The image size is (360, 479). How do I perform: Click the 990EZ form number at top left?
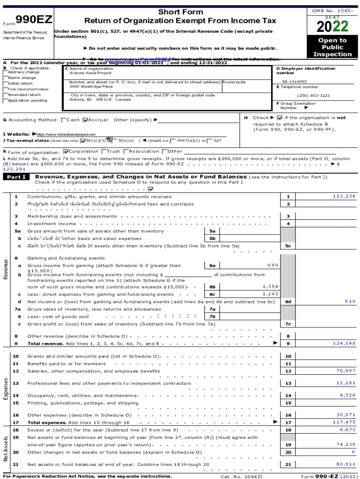coord(34,20)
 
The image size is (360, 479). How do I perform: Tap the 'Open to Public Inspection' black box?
coord(332,47)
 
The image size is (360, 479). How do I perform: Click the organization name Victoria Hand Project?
coord(90,73)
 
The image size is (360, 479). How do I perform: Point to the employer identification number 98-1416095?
coord(295,81)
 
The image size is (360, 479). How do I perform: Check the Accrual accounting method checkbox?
coord(86,120)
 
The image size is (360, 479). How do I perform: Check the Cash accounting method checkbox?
coord(64,120)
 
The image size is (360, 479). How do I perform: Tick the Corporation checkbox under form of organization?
coord(66,151)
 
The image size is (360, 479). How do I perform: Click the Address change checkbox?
coord(5,73)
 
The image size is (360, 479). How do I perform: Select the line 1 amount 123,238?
coord(344,196)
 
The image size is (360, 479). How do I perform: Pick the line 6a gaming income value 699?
coord(273,265)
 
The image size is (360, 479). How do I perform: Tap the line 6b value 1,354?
coord(270,286)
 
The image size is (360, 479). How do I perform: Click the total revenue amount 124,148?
coord(344,343)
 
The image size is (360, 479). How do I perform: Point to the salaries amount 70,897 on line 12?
coord(346,370)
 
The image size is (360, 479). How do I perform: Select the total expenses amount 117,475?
coord(344,422)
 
